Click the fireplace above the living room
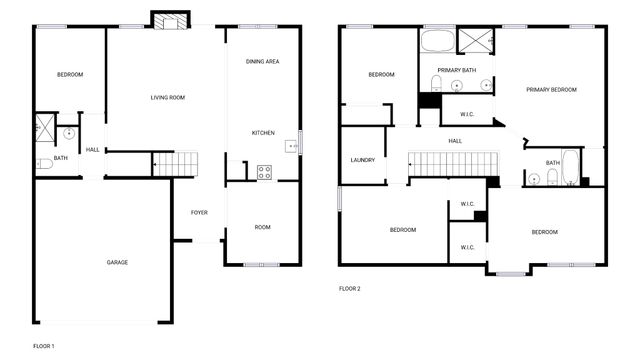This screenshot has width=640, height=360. coord(163,20)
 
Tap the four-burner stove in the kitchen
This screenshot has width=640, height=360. coord(264,171)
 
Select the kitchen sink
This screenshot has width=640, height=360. coord(293,147)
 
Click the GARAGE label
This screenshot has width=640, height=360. coord(117,262)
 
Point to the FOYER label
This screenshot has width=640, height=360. coord(199,212)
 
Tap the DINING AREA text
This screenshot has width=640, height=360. coord(262,62)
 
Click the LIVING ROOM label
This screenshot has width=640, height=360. coord(168,97)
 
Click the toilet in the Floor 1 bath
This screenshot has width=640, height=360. coord(43,163)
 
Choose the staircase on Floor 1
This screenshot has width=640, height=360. coord(176,163)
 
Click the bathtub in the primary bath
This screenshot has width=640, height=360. coord(437,41)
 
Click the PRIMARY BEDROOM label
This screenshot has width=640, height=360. coord(552,90)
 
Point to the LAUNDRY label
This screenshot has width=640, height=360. coord(362,160)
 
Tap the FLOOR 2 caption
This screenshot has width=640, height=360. coord(349,288)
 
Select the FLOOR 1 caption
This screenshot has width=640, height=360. coord(43,346)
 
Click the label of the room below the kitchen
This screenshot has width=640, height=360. coord(262,227)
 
